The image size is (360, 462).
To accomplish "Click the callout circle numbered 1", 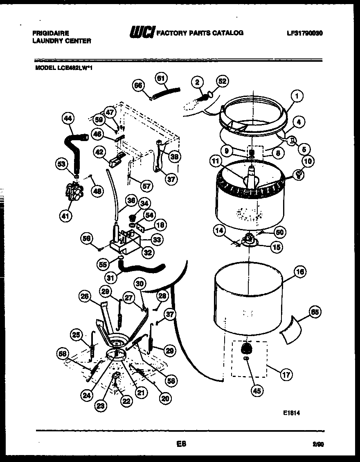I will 297,97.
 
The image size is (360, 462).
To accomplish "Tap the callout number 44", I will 68,119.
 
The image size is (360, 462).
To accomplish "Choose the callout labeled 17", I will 286,373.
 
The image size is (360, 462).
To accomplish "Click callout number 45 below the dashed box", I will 256,391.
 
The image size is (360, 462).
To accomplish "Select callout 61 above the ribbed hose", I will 162,78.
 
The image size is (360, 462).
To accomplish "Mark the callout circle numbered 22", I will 126,401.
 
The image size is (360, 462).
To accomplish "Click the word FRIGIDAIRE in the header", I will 50,33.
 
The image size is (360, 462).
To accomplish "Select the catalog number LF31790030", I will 305,33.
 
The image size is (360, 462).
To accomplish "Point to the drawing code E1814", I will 291,413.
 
